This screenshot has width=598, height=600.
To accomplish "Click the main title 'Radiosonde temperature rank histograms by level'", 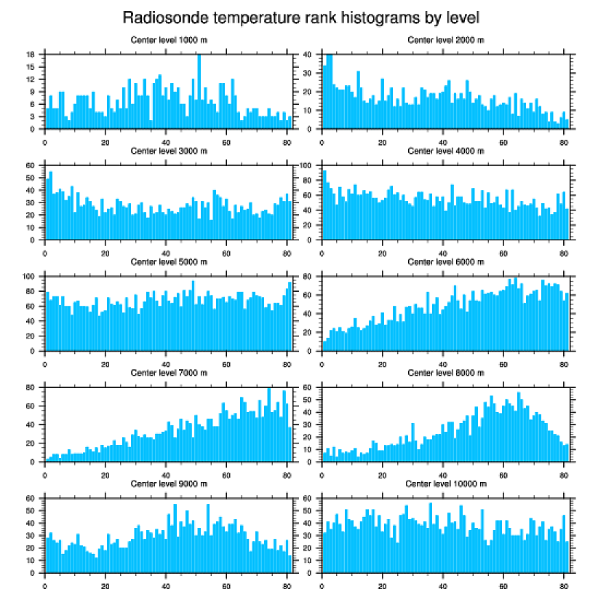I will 300,17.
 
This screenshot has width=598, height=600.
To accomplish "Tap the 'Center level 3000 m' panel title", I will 168,151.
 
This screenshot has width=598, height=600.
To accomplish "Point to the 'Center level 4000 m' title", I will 445,151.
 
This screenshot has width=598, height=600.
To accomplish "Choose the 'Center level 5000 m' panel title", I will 168,262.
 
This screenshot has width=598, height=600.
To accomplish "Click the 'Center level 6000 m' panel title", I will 445,262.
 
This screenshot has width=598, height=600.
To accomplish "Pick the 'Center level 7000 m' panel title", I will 168,373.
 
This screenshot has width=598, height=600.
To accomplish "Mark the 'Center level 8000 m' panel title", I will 445,373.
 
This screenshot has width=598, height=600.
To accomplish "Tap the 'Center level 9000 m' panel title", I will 168,484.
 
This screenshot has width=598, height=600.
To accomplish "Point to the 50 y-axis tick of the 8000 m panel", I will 311,400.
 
